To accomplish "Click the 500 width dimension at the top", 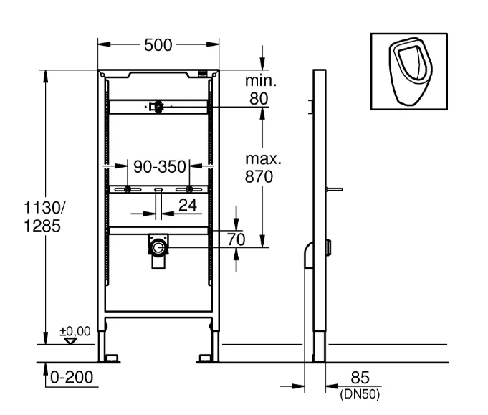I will point(158,44).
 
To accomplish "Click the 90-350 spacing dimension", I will point(159,168).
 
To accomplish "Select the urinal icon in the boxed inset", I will point(407,70).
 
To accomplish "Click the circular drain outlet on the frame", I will point(157,248).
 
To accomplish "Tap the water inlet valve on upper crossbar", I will point(156,107).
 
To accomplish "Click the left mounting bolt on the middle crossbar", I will point(128,190).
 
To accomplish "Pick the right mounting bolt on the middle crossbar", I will point(189,190).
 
